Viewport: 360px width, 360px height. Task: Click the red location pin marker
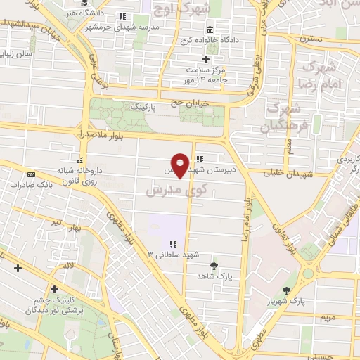click(x=180, y=165)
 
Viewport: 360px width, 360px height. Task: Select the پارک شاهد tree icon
click(x=214, y=266)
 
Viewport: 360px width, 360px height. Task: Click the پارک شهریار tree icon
click(x=286, y=290)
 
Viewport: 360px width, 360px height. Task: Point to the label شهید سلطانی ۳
click(x=173, y=254)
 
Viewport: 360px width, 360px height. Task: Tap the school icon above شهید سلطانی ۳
click(x=173, y=243)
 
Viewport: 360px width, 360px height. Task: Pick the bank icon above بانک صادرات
click(x=30, y=174)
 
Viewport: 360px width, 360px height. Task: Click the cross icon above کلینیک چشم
click(x=54, y=288)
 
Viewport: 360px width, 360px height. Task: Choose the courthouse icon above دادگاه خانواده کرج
click(x=211, y=30)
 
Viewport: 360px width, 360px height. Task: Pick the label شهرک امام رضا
click(x=323, y=77)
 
